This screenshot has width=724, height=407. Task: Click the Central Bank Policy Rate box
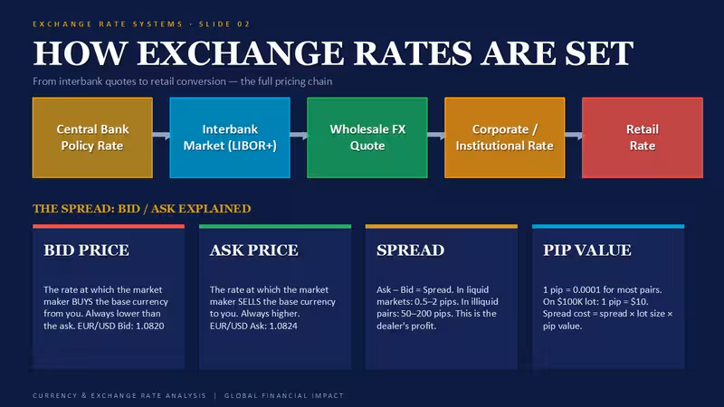click(92, 137)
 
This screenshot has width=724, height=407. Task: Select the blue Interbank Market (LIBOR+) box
click(230, 137)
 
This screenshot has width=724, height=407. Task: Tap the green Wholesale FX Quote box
click(367, 137)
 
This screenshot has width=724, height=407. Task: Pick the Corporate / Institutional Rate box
click(505, 137)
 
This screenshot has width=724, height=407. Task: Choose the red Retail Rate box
click(643, 137)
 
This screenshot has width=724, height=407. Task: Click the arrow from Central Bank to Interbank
click(161, 135)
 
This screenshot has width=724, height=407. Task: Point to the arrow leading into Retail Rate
click(574, 135)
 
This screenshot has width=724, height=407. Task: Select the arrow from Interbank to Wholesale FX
click(299, 135)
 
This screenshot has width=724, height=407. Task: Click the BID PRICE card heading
click(86, 251)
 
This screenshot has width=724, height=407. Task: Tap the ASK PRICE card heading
click(254, 251)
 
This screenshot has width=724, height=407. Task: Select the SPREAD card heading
click(411, 251)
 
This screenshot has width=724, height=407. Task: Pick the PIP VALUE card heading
click(586, 251)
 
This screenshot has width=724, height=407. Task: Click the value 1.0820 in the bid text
click(150, 326)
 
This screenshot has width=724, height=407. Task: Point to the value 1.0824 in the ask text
click(283, 326)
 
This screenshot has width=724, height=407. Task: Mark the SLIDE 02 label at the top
click(224, 24)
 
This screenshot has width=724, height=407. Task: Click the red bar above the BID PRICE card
click(109, 227)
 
